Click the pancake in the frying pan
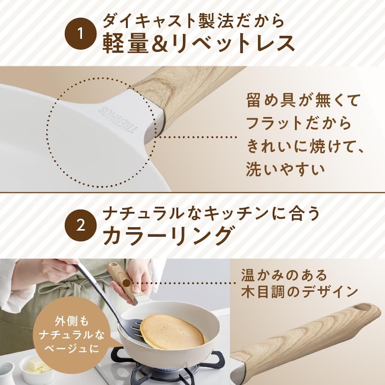click(x=172, y=332)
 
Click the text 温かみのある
click(x=284, y=274)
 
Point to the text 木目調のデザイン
click(x=299, y=292)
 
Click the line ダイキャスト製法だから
click(x=193, y=20)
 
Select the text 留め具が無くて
click(x=304, y=101)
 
